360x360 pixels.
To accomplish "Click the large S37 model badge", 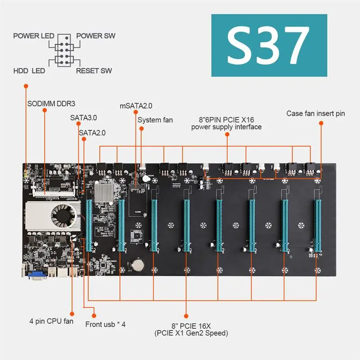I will pos(269,46).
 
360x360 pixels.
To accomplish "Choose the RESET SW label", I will pos(94,71).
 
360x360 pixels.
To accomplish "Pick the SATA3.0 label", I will pos(84,118).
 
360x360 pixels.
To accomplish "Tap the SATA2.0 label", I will pos(92,133).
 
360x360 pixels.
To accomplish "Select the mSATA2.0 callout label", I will pos(136,106).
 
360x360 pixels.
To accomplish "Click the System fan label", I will pos(155,120).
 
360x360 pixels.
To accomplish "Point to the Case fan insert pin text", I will pos(316,113).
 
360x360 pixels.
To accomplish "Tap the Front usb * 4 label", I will pos(106,324).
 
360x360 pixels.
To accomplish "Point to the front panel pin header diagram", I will pos(63,53).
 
